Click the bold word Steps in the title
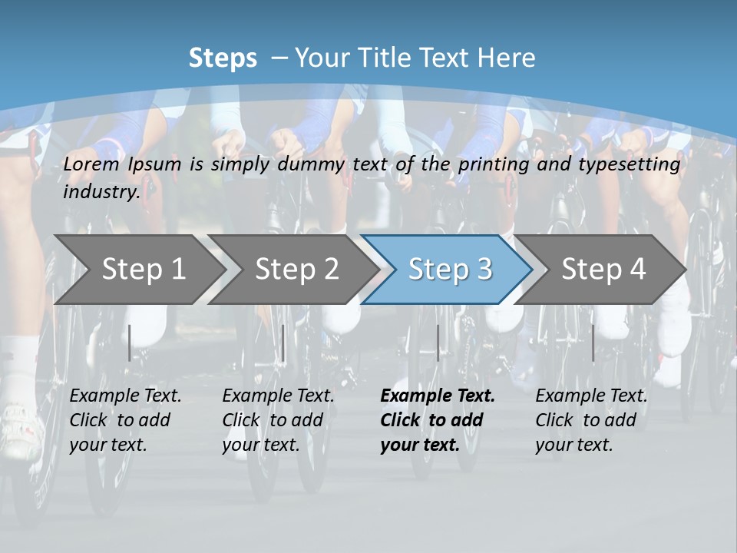click(223, 58)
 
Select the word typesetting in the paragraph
click(629, 164)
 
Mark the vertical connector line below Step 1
click(130, 343)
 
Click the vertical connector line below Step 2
click(283, 343)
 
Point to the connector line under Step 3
click(438, 343)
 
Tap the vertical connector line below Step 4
click(593, 343)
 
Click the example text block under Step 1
click(125, 420)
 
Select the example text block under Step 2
click(278, 420)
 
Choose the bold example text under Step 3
click(438, 420)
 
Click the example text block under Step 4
click(591, 420)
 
